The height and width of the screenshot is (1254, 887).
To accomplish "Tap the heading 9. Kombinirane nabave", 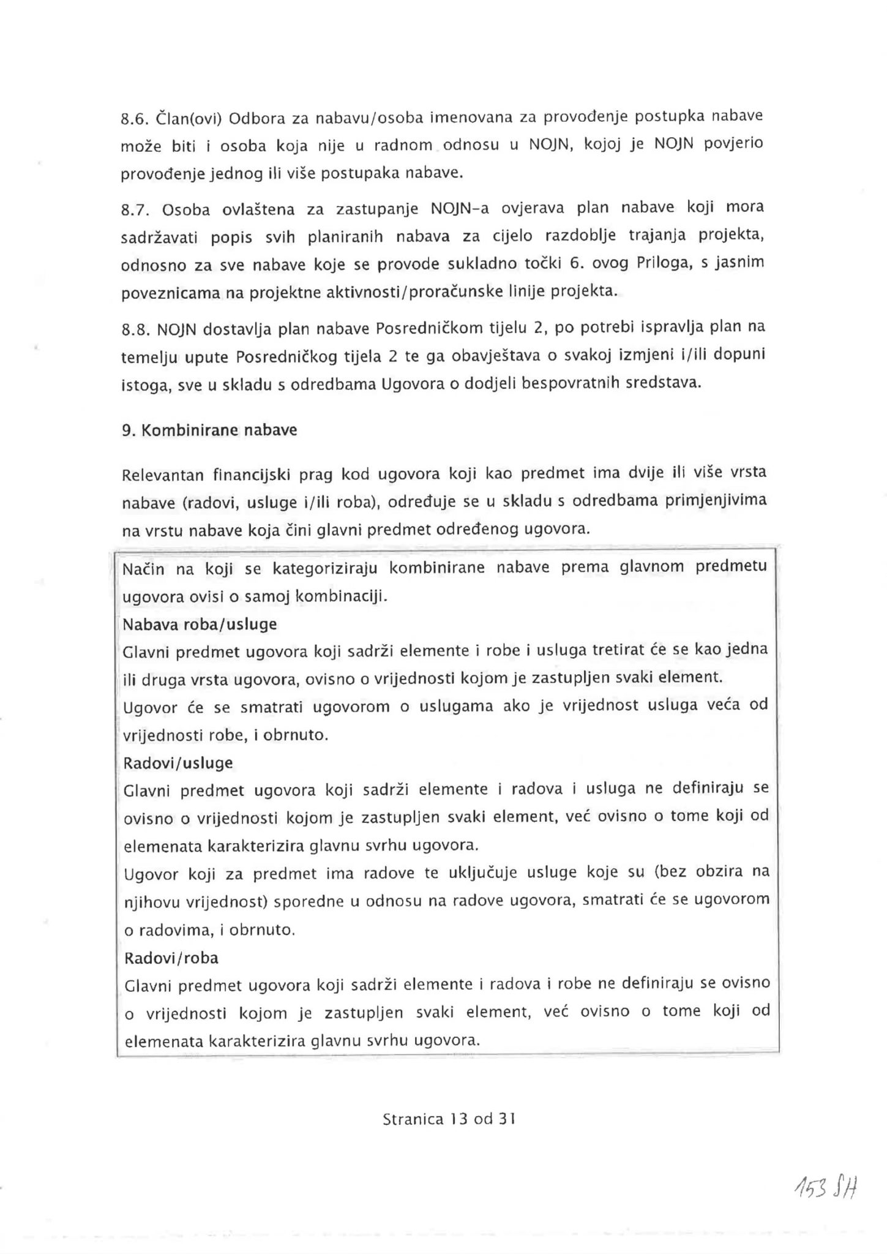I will click(x=209, y=430).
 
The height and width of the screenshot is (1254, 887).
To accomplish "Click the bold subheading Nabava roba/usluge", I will click(x=200, y=625).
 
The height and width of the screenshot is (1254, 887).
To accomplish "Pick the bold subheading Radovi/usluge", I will click(x=178, y=764).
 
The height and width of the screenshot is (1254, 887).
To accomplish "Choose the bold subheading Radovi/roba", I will click(x=171, y=958).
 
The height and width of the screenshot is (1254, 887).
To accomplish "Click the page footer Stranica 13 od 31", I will click(x=449, y=1119).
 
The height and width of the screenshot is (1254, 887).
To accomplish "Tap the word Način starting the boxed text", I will click(x=141, y=570).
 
